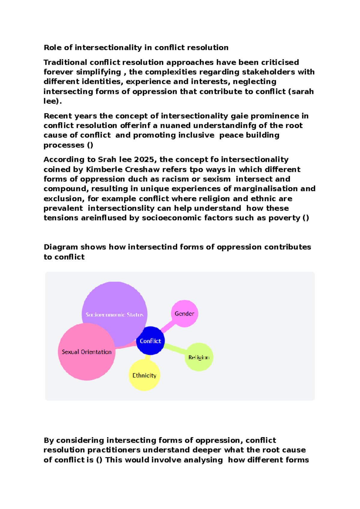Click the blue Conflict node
[150, 341]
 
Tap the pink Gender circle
[184, 314]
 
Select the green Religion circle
[199, 357]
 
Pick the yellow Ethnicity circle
[144, 375]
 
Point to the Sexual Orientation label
[86, 352]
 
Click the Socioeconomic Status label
[114, 315]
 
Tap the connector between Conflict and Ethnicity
[147, 357]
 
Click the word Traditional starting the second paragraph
[65, 62]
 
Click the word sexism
[217, 179]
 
